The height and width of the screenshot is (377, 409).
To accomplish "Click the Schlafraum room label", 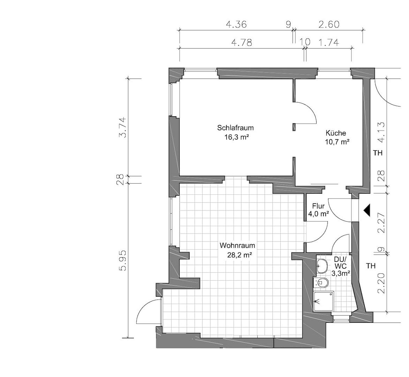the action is click(235, 128).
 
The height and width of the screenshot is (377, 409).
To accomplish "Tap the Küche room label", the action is click(336, 133).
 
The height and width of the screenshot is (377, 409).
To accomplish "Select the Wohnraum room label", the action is click(237, 245).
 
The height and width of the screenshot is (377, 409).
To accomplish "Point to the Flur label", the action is click(318, 206).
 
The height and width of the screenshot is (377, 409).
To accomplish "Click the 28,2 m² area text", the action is click(239, 255).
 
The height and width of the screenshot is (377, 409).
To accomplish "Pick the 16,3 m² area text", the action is click(236, 137).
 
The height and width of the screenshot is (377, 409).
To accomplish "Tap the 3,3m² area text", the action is click(340, 273).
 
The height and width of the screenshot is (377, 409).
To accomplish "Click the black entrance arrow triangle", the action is click(367, 210).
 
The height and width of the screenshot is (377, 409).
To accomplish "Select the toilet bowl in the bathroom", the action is click(323, 282).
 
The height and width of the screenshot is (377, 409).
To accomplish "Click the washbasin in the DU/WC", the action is click(322, 266).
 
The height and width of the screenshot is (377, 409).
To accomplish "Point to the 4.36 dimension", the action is click(236, 24).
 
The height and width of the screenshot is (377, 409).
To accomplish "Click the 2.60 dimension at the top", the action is click(329, 24).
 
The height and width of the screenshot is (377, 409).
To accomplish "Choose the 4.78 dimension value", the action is click(242, 42).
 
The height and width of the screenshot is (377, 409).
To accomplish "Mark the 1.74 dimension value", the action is click(329, 42).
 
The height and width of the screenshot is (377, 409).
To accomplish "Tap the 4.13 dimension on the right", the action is click(381, 132).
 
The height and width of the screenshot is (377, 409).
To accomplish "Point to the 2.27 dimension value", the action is click(381, 223).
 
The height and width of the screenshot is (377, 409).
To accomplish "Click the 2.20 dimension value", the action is click(381, 283).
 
